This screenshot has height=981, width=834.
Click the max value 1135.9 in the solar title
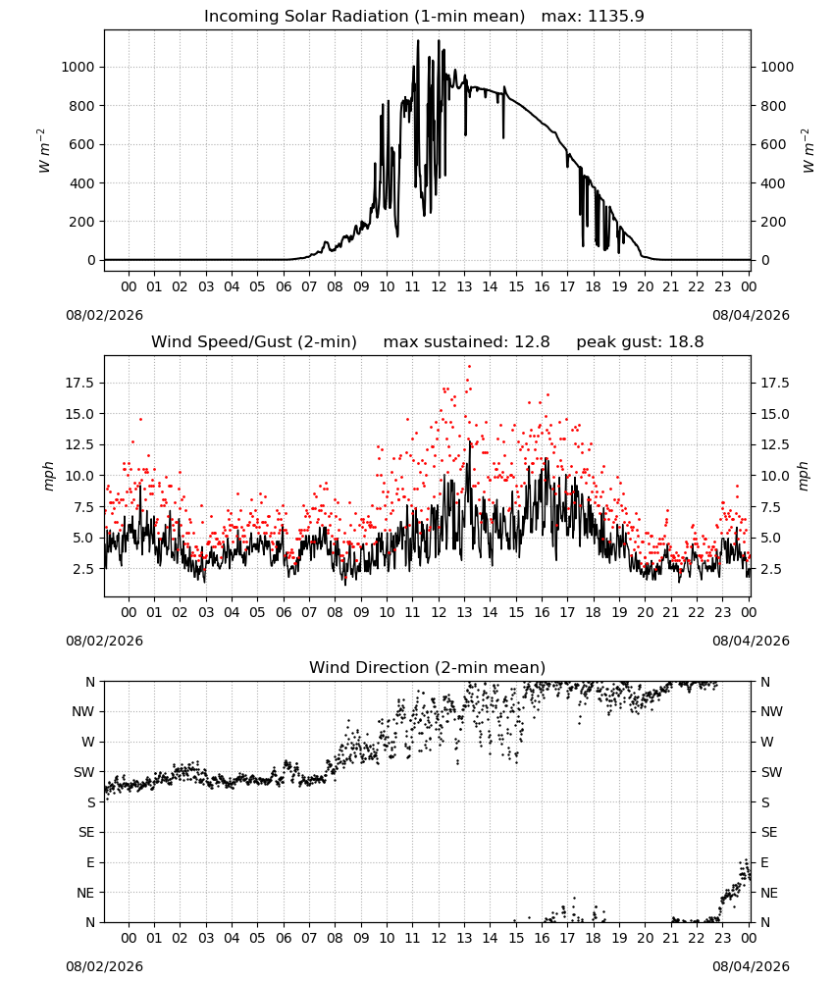(615, 17)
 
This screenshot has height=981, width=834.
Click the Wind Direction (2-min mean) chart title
(428, 667)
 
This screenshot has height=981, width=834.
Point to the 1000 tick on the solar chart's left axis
(78, 67)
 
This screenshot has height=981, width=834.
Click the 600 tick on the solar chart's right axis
(773, 144)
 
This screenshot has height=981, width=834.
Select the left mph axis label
(49, 476)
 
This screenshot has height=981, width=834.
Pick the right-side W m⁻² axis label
(808, 150)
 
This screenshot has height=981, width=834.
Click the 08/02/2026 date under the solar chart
(104, 315)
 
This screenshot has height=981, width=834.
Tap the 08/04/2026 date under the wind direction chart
(751, 966)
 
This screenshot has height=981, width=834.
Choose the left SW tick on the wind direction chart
(84, 772)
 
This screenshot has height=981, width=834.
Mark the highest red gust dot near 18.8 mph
(469, 367)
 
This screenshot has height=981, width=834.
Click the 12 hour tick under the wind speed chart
(439, 612)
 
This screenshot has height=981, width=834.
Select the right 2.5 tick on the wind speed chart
(770, 569)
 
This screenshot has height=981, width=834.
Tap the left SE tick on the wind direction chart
(86, 833)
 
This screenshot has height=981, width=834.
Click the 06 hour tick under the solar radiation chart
(284, 287)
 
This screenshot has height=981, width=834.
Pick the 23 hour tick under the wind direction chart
(722, 938)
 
